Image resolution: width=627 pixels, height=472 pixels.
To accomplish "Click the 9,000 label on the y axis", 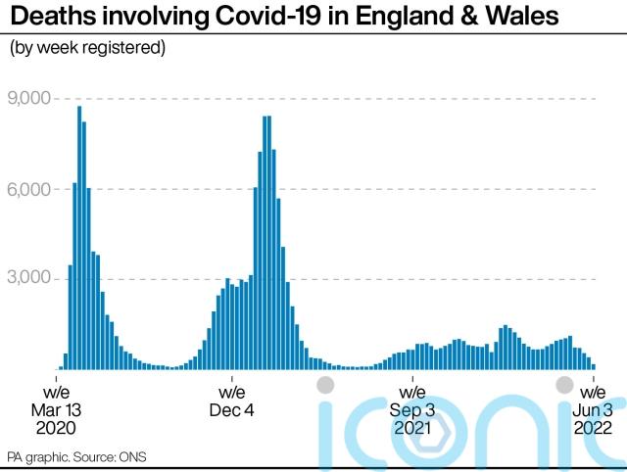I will coord(28,98).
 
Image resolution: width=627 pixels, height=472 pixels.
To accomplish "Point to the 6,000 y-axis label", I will coord(28,188).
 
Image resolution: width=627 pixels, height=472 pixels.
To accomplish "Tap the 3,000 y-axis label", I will coord(28,278).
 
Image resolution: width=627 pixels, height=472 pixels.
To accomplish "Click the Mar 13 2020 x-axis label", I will coord(56,409).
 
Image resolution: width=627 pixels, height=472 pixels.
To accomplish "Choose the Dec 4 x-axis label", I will coord(232,401).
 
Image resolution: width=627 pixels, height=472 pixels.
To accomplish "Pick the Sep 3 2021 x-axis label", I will coord(412,409).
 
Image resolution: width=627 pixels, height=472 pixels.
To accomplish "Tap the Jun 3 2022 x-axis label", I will coord(594,409).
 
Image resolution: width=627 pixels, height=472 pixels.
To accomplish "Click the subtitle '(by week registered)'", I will coord(87,47).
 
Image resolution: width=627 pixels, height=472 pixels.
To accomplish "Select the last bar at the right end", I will coord(594,365).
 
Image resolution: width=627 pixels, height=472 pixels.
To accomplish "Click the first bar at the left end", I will coord(61,367).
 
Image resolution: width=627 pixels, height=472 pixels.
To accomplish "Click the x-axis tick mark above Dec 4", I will coord(232,374).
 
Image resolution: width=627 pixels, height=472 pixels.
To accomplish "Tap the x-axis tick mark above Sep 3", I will coord(412,374).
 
